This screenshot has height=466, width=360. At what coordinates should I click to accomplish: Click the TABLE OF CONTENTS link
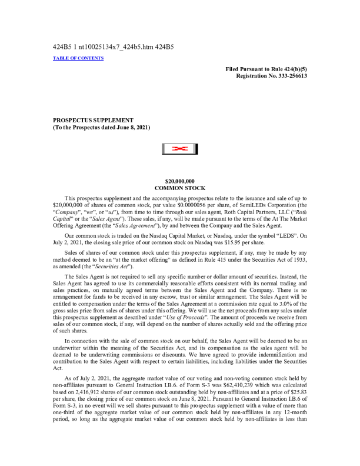point(78,58)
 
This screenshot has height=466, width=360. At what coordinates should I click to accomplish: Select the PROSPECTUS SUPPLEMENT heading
point(93,120)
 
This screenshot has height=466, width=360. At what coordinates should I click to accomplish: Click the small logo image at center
point(180,149)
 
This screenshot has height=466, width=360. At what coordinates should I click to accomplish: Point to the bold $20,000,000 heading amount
point(180,181)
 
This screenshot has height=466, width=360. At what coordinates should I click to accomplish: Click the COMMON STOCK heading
point(180,188)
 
